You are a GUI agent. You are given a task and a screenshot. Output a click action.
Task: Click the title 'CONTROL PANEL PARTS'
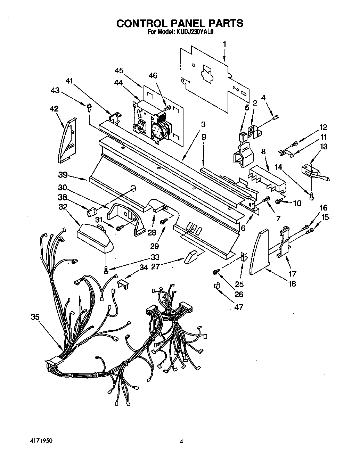180,23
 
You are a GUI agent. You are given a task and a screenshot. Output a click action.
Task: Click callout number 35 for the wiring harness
35,317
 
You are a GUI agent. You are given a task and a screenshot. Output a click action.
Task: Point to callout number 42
55,109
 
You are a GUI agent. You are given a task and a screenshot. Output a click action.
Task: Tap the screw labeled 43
89,106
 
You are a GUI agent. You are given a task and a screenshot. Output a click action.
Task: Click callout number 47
238,307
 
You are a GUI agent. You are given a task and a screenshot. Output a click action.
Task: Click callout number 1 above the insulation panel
224,44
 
